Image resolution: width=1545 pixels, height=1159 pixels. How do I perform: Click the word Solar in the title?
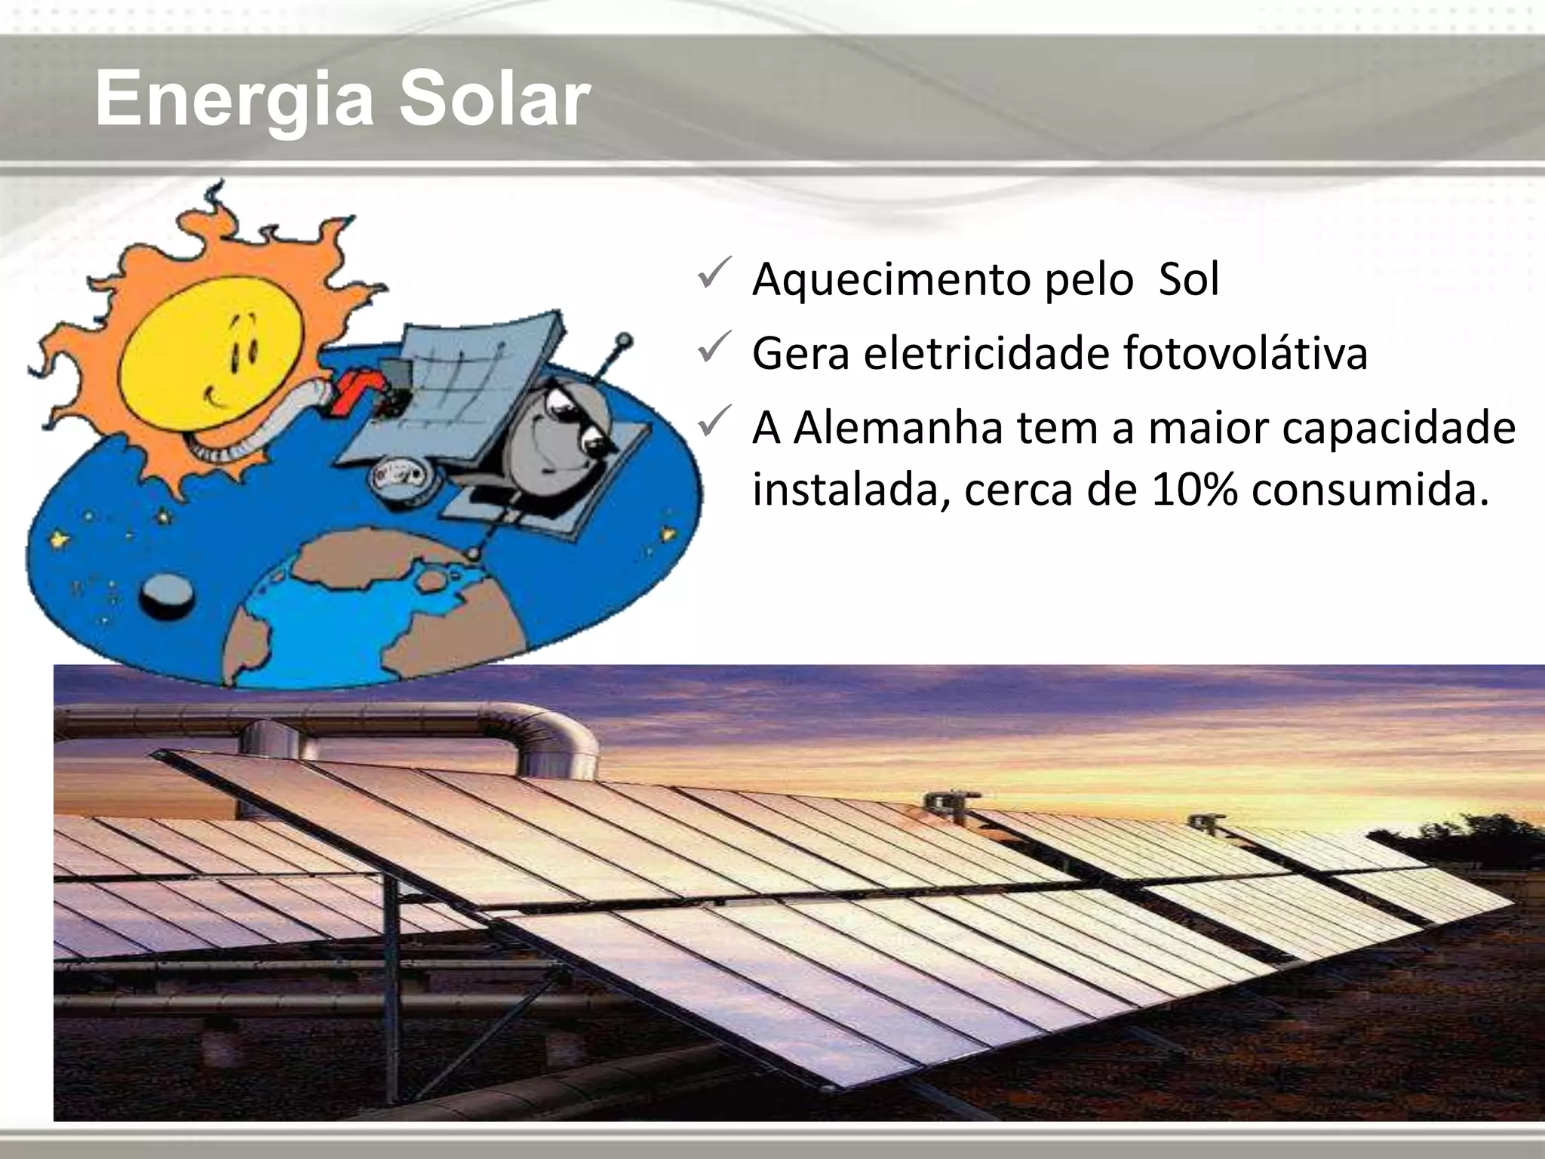494,99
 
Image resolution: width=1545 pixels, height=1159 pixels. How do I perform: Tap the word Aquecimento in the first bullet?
887,280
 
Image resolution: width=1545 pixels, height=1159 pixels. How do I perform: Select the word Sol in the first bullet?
1189,279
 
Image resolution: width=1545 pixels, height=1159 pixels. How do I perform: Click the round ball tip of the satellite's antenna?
625,341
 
